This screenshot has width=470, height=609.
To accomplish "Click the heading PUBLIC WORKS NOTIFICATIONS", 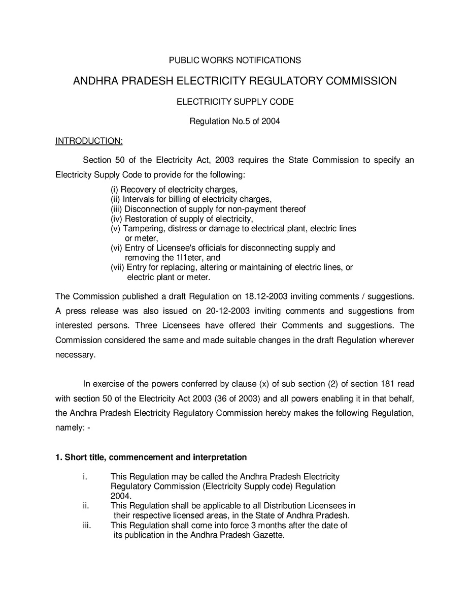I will tap(234, 60).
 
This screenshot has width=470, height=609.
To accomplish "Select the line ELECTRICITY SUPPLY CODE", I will tap(234, 102).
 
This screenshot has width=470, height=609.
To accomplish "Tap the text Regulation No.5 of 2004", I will tap(234, 121).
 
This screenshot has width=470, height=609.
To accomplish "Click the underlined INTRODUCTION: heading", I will tap(89, 141).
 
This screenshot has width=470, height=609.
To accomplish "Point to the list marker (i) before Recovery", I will tap(115, 190).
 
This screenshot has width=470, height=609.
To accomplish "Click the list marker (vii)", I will tap(117, 267).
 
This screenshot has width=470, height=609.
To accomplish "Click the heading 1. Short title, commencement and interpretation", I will tap(151, 458).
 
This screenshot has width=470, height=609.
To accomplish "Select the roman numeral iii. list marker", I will tap(86, 525).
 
